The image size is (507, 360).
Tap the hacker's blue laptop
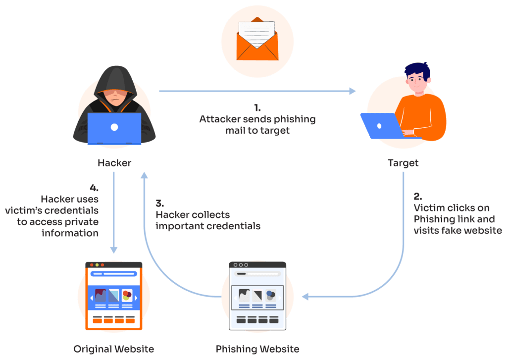tap(114, 128)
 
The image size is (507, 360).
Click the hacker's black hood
tap(114, 79)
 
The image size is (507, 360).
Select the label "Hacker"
tap(114, 162)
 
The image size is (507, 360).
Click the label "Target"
tap(403, 162)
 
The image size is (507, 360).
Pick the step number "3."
tap(160, 204)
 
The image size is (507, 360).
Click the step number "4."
tap(94, 188)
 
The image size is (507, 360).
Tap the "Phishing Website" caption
tap(257, 349)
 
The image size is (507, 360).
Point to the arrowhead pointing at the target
tap(352, 91)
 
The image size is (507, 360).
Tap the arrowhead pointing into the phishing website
tap(305, 297)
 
